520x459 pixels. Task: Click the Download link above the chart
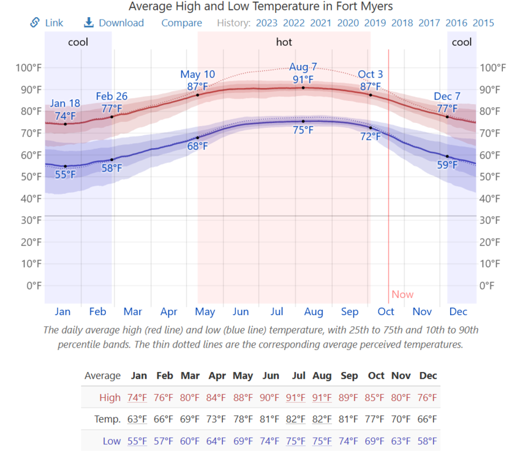point(114,23)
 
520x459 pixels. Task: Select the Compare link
point(181,23)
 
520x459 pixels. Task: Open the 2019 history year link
point(375,23)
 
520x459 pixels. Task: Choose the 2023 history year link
point(266,23)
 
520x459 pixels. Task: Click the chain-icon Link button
point(47,23)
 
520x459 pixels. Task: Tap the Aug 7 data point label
point(303,67)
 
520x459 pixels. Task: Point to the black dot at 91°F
point(303,88)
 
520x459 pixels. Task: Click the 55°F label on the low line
point(66,175)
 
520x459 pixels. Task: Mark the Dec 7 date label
point(447,97)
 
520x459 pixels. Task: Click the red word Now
point(402,294)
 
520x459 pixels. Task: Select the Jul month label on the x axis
point(277,312)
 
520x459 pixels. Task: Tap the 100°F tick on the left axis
point(28,67)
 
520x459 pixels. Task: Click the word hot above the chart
point(284,42)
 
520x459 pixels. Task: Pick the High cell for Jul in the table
point(295,398)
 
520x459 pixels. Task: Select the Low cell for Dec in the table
point(428,441)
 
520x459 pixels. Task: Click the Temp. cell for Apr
point(217,419)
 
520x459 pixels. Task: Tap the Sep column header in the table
point(349,376)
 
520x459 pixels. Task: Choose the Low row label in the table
point(111,441)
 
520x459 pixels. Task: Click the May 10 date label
point(197,75)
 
